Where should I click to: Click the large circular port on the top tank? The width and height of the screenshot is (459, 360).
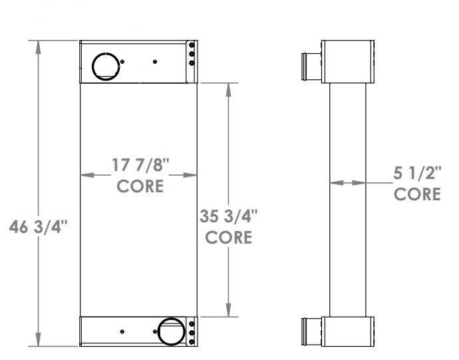click(104, 65)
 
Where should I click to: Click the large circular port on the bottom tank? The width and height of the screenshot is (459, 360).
click(170, 331)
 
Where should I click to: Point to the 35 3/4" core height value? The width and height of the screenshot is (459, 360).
click(228, 217)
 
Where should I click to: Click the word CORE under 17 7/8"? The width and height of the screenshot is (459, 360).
click(140, 186)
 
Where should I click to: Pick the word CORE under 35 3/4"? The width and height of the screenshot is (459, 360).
click(228, 237)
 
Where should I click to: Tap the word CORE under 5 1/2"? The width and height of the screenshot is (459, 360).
click(417, 194)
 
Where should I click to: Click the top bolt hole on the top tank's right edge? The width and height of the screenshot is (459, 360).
click(192, 46)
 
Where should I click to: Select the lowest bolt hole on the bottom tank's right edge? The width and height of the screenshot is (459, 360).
click(192, 342)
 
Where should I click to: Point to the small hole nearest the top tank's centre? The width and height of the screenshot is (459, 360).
click(155, 62)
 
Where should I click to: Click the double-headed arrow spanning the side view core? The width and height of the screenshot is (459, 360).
click(347, 182)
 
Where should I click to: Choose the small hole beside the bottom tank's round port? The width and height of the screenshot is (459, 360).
click(122, 331)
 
